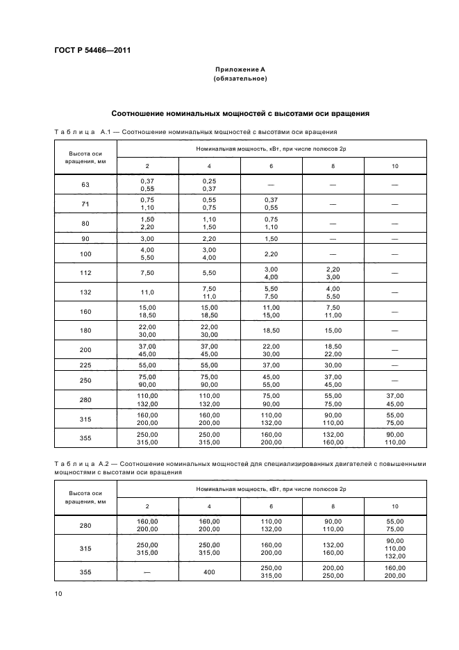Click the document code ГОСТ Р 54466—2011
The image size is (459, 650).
pyautogui.click(x=92, y=50)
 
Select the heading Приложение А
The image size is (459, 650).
pyautogui.click(x=240, y=69)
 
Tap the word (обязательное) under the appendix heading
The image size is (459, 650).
pyautogui.click(x=240, y=78)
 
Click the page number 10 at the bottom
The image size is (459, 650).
pyautogui.click(x=58, y=592)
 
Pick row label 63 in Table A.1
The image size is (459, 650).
pyautogui.click(x=85, y=184)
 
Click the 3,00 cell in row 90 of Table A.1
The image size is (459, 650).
pyautogui.click(x=147, y=238)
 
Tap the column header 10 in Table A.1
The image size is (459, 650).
pyautogui.click(x=395, y=165)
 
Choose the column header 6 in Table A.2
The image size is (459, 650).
pyautogui.click(x=271, y=506)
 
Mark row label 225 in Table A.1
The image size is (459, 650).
pyautogui.click(x=85, y=365)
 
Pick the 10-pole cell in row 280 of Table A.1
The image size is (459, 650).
pyautogui.click(x=395, y=401)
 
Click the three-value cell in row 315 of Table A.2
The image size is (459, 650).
pyautogui.click(x=395, y=549)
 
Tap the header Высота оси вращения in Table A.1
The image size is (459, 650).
pyautogui.click(x=85, y=157)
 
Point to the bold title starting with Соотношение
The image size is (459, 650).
pyautogui.click(x=240, y=113)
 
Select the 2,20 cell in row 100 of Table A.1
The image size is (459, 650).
pyautogui.click(x=271, y=254)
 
